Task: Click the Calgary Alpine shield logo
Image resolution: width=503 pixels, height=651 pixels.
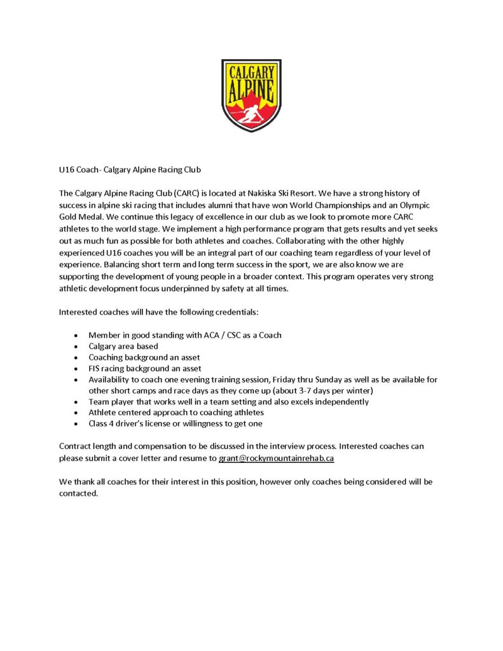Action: (x=251, y=95)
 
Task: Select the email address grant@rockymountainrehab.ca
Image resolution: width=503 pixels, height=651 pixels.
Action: (x=277, y=458)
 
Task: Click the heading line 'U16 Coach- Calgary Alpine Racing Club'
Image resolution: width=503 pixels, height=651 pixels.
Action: (x=130, y=170)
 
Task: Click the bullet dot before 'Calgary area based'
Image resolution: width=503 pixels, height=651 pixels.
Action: (x=77, y=346)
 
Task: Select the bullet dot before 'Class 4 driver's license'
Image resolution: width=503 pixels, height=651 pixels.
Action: (x=77, y=424)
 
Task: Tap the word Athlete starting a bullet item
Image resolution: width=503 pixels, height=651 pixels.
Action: (x=102, y=413)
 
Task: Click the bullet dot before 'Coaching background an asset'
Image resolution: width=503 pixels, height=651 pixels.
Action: (x=77, y=357)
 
